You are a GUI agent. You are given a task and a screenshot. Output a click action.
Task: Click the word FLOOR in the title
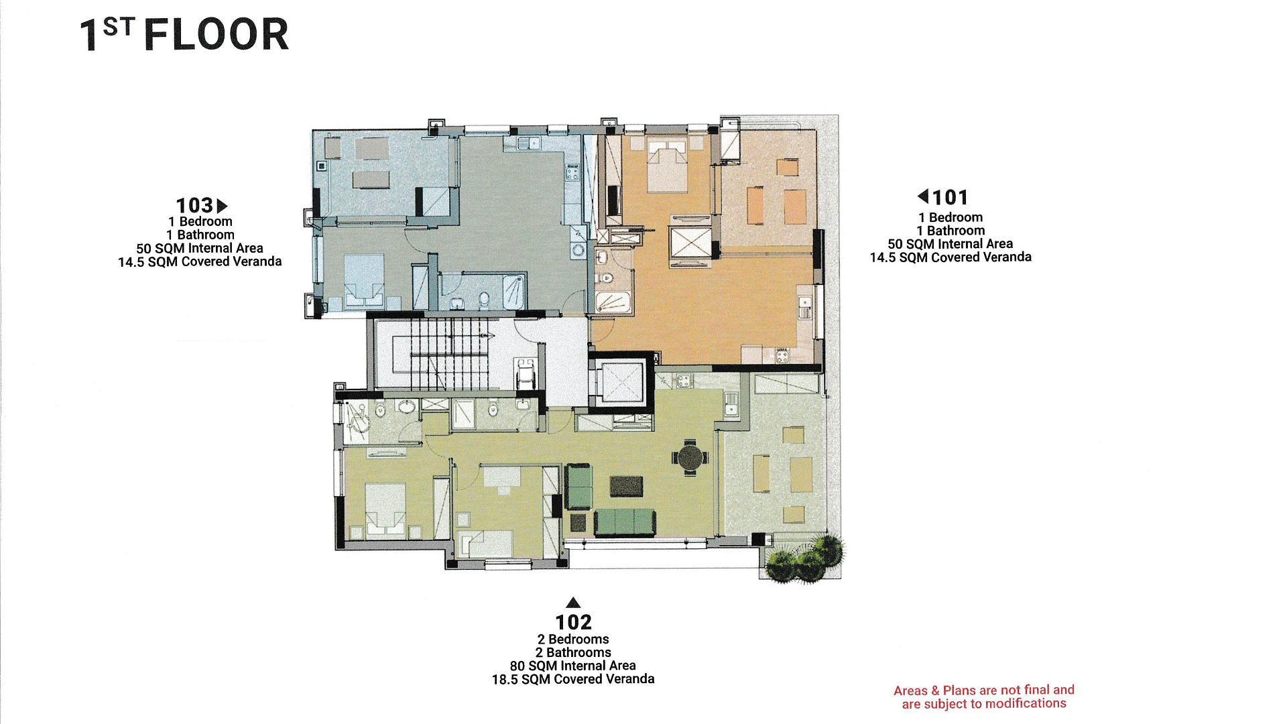click(x=216, y=35)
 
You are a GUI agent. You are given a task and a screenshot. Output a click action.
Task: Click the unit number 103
click(x=194, y=205)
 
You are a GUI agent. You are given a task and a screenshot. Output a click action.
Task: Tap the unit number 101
click(x=951, y=197)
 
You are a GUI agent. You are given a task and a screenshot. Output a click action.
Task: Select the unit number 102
click(x=573, y=622)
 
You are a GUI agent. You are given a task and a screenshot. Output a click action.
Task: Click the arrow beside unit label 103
click(x=222, y=206)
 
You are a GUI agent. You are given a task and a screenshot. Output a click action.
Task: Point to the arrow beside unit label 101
click(x=923, y=196)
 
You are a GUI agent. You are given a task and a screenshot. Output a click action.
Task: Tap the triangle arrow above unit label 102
click(x=573, y=602)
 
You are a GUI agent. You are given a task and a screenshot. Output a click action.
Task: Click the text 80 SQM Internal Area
click(x=573, y=666)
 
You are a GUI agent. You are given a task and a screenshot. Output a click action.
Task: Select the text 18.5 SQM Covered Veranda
click(x=573, y=679)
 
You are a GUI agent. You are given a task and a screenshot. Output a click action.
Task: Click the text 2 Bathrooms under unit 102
click(x=573, y=652)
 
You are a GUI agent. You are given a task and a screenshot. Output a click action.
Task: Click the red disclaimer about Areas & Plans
click(x=984, y=697)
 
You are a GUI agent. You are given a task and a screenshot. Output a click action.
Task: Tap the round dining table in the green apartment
click(x=689, y=458)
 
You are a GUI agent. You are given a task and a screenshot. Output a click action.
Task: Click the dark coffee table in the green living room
click(x=627, y=486)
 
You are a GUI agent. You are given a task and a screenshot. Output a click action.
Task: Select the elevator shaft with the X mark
click(x=621, y=383)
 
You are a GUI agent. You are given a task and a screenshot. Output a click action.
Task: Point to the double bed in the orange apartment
click(x=667, y=165)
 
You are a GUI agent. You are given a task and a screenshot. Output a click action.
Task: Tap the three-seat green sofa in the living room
click(x=625, y=522)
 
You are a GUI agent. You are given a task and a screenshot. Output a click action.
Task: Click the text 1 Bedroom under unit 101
click(x=951, y=217)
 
